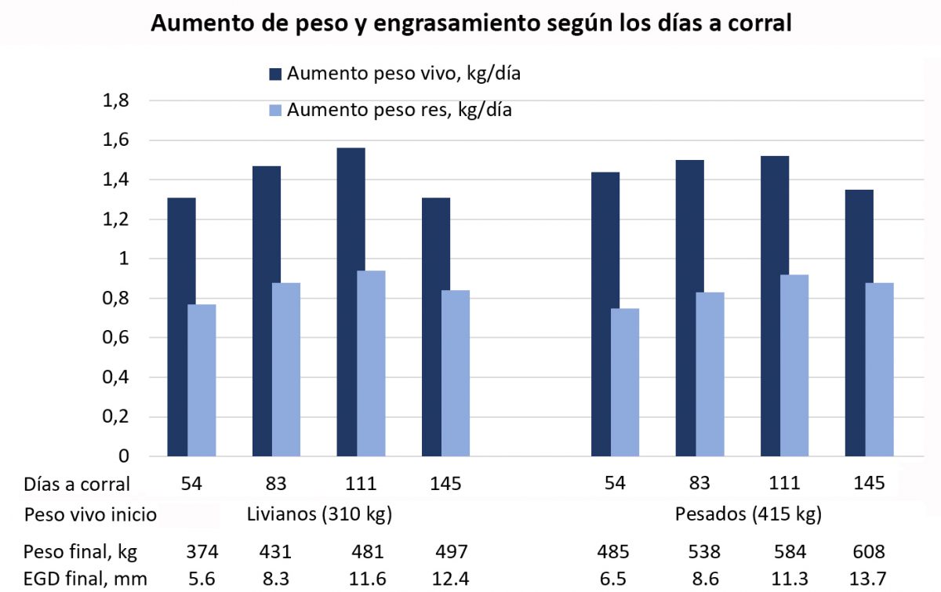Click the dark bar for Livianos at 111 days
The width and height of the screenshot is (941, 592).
click(x=351, y=302)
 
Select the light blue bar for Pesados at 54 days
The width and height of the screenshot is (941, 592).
click(x=625, y=382)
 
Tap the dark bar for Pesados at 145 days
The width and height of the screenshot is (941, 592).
click(x=859, y=322)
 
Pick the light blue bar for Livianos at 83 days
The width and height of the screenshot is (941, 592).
click(x=286, y=369)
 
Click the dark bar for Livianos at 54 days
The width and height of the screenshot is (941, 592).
click(x=181, y=326)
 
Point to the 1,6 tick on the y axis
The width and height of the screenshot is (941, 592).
click(x=116, y=141)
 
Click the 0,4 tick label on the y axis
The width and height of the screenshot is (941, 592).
click(x=116, y=377)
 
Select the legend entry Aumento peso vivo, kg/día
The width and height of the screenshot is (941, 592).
click(x=404, y=74)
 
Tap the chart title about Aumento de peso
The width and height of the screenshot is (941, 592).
click(x=470, y=24)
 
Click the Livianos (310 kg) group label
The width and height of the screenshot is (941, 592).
click(x=319, y=515)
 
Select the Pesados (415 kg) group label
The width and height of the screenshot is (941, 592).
click(x=748, y=515)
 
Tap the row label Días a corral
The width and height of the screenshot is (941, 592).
click(x=77, y=484)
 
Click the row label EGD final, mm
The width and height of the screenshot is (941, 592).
click(x=85, y=579)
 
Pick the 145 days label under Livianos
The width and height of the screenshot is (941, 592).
click(x=445, y=484)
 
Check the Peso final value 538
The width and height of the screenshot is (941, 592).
click(x=698, y=552)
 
